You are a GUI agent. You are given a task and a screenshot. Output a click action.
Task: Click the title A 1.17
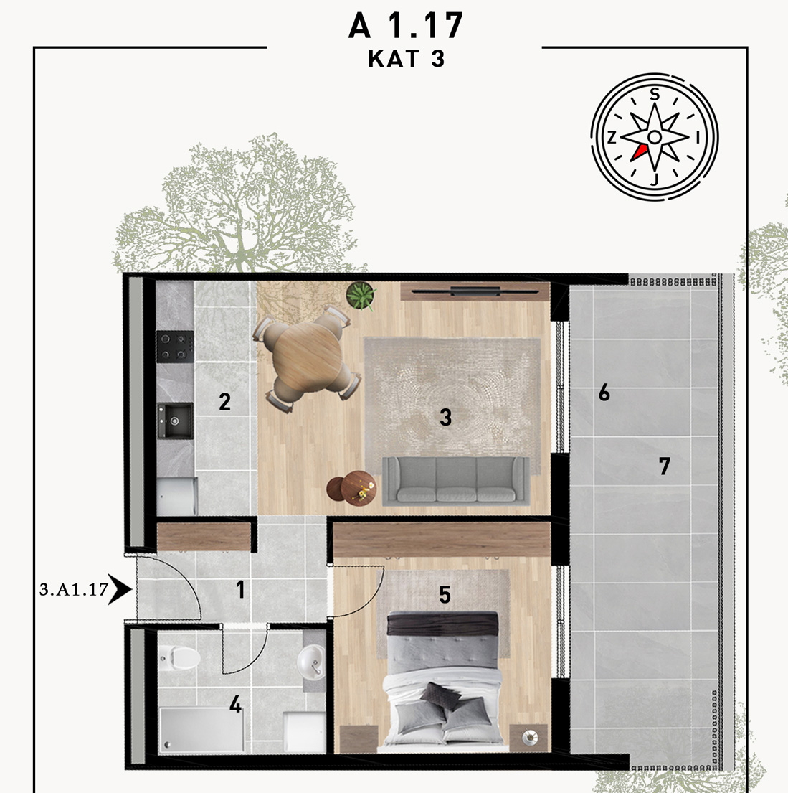pos(405,25)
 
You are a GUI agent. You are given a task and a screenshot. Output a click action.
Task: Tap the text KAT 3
pos(407,59)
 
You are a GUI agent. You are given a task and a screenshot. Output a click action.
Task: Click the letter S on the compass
pos(655,95)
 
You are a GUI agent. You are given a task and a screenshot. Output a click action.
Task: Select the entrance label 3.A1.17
pos(74,589)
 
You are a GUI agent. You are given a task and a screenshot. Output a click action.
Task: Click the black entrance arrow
pos(120,589)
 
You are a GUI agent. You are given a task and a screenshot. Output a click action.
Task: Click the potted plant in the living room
pos(361,296)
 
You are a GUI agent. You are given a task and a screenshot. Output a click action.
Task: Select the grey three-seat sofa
pos(456,481)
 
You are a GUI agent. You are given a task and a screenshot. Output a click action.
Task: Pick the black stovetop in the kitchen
pos(175,347)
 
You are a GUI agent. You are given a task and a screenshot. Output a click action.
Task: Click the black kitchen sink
pos(175,421)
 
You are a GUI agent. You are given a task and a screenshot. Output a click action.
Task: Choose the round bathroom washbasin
pos(311,661)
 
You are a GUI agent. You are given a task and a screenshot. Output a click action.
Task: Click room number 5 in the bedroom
pos(445,595)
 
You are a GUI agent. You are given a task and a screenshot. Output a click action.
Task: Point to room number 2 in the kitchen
pos(225,402)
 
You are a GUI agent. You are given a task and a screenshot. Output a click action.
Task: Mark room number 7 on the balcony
pos(664,466)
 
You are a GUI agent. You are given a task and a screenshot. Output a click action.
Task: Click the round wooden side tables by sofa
pos(351,487)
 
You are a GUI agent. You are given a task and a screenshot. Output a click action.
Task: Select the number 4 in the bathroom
pos(236,704)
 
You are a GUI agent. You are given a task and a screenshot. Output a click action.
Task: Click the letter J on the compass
pos(655,179)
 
